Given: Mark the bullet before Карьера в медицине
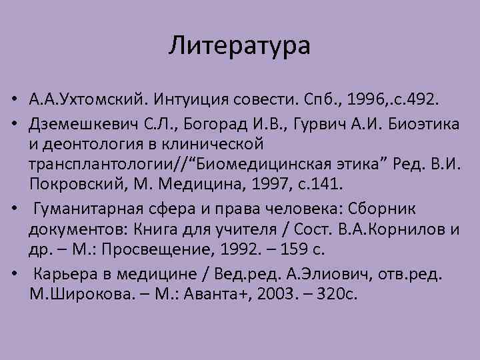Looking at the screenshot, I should (13, 275).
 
